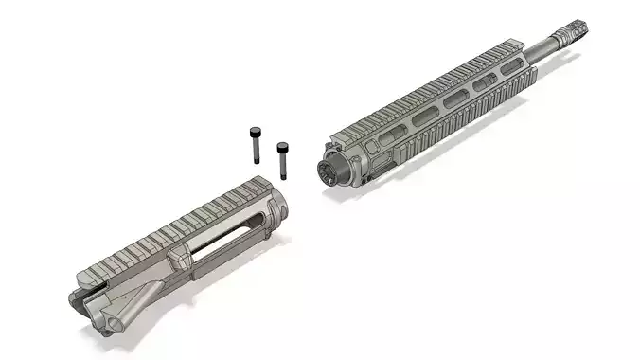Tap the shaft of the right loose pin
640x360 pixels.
point(282,163)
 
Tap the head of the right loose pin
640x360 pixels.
point(282,147)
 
